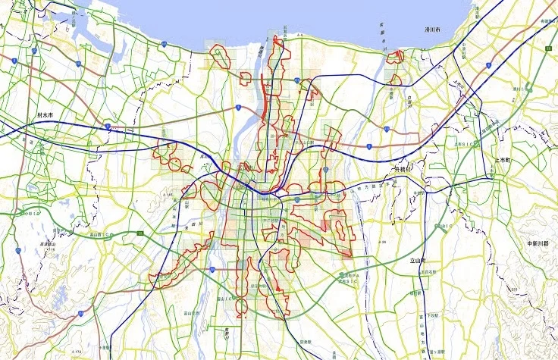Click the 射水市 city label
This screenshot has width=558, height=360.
coord(51,115)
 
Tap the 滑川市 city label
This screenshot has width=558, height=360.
coord(433,30)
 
